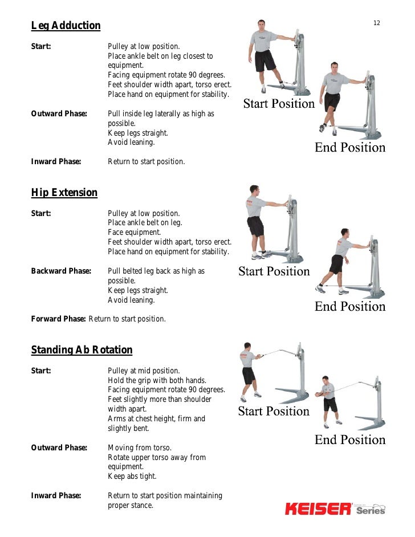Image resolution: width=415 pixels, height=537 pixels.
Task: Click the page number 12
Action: (377, 23)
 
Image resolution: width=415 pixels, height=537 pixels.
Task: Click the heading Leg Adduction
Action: (66, 26)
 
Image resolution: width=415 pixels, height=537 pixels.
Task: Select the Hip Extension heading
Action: (64, 193)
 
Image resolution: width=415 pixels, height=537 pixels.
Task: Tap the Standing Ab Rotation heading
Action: (82, 350)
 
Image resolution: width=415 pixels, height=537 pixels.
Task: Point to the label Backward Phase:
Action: (61, 271)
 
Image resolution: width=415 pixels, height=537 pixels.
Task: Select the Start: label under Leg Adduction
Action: (41, 47)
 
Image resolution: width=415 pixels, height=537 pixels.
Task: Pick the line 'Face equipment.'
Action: (135, 233)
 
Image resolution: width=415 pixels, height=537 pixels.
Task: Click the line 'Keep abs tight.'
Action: (132, 476)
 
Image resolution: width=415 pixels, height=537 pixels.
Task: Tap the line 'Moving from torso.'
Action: (140, 448)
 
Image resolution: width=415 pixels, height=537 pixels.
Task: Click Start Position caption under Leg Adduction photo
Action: (279, 104)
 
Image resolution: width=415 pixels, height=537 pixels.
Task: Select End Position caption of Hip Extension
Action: (350, 306)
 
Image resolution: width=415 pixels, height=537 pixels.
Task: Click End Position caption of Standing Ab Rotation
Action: (350, 440)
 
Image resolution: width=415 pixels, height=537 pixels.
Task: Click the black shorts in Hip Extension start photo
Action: (256, 226)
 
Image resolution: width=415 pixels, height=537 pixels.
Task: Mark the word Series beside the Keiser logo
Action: (371, 511)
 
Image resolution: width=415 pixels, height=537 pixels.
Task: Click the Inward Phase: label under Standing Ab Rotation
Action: (56, 495)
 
